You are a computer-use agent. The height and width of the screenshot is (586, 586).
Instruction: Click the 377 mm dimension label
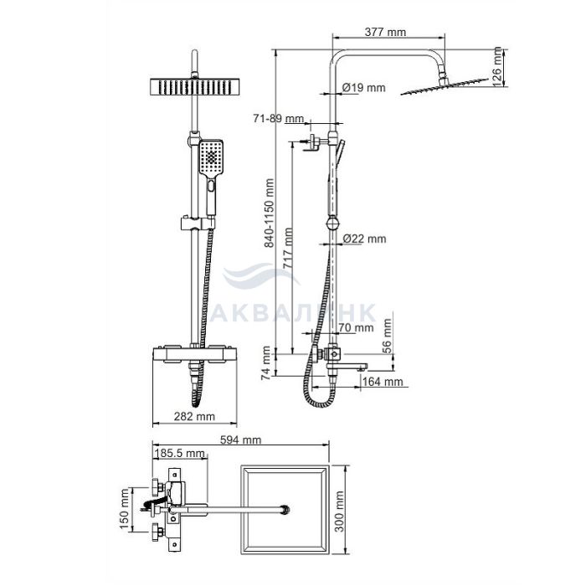point(385,32)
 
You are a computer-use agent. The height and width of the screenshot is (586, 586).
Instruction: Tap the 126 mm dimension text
point(497,66)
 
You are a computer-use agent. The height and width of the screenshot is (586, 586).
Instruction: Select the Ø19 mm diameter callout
point(363,88)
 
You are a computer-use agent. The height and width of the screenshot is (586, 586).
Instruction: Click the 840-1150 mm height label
point(269,213)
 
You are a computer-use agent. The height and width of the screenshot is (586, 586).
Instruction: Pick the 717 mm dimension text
point(288,248)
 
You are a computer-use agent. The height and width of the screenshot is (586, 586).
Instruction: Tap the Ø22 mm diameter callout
point(364,239)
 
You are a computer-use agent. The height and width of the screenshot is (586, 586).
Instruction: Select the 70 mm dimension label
point(356,328)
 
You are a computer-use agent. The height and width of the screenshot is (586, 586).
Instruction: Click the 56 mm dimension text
point(388,335)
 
